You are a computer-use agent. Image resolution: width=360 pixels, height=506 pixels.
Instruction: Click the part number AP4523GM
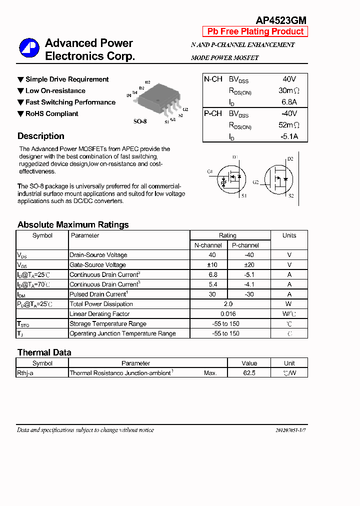pos(281,20)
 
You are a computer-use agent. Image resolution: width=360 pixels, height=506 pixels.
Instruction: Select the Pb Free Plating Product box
pos(255,31)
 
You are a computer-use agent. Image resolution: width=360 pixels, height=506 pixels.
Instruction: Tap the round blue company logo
pos(29,48)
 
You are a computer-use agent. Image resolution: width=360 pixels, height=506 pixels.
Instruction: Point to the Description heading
pos(41,136)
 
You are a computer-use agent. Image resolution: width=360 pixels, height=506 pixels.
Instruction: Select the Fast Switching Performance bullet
pos(70,102)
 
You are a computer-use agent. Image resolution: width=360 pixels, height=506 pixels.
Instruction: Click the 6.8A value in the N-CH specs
pos(289,102)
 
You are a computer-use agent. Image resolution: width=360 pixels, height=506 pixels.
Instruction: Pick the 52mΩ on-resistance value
pos(289,125)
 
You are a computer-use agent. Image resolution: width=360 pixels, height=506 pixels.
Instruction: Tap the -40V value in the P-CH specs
pos(288,113)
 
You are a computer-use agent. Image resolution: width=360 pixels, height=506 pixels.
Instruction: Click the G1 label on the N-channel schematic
pos(210,171)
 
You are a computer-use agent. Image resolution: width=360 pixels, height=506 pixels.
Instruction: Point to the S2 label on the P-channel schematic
pos(291,196)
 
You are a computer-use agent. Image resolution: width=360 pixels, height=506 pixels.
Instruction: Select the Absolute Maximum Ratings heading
pos(73,224)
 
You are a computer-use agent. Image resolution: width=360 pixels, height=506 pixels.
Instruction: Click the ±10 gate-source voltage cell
pos(212,265)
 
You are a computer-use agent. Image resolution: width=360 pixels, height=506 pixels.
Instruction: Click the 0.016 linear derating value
pos(228,314)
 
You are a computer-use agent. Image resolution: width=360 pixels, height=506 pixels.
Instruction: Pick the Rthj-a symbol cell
pos(25,373)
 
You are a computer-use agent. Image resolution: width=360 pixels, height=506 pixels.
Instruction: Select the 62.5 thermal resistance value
pos(249,373)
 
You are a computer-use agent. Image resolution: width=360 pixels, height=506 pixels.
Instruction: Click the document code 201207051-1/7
pos(290,430)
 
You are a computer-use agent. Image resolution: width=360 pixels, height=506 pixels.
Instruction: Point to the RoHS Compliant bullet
pos(51,113)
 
